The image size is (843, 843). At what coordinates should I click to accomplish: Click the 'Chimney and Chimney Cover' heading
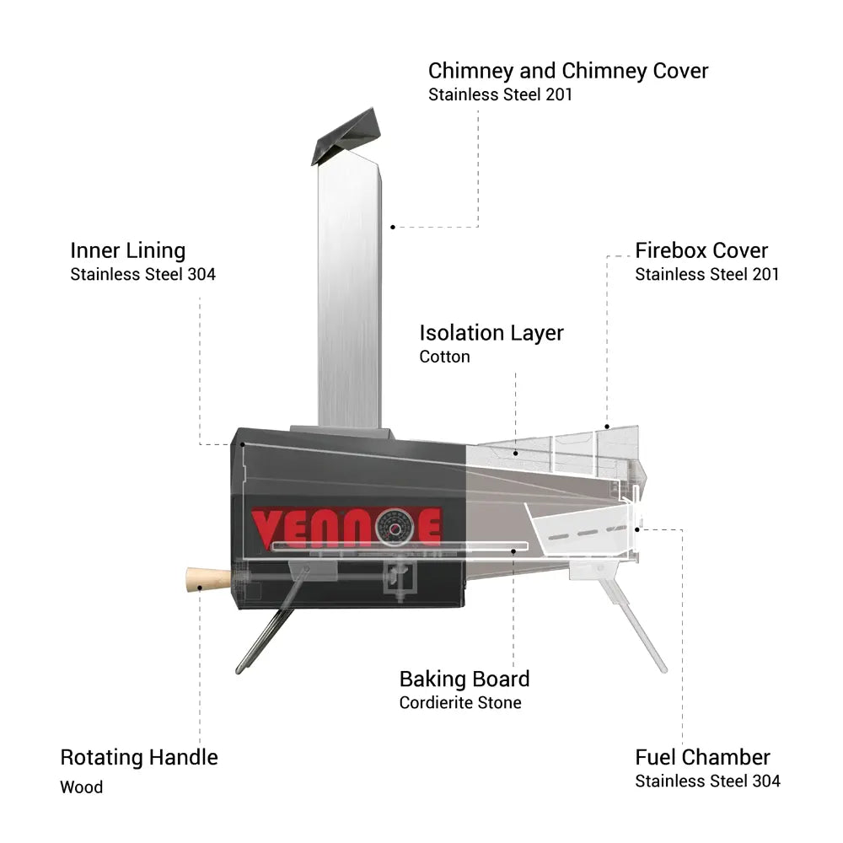[568, 71]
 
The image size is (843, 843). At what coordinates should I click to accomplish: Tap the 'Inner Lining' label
[128, 251]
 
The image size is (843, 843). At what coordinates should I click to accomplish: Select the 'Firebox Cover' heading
[701, 250]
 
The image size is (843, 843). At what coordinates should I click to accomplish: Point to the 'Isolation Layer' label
[491, 333]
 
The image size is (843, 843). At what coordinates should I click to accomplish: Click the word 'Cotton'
[444, 357]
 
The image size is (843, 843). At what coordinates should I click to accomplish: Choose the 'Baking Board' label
[464, 679]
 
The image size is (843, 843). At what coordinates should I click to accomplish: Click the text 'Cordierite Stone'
[460, 703]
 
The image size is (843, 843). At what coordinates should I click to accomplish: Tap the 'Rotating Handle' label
[139, 758]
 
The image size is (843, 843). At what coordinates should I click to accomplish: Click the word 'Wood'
[81, 787]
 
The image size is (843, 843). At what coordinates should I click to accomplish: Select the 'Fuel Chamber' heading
[703, 758]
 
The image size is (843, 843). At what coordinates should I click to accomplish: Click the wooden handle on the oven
[208, 580]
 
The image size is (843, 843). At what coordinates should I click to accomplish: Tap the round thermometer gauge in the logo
[395, 528]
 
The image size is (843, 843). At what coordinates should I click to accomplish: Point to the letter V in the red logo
[266, 529]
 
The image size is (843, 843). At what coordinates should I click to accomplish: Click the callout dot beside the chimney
[393, 228]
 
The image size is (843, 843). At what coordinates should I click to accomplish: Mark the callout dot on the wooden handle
[200, 588]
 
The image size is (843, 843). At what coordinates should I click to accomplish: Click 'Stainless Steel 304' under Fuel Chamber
[707, 781]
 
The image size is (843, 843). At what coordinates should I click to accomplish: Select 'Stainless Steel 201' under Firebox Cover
[707, 274]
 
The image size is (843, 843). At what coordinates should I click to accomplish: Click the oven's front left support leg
[265, 640]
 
